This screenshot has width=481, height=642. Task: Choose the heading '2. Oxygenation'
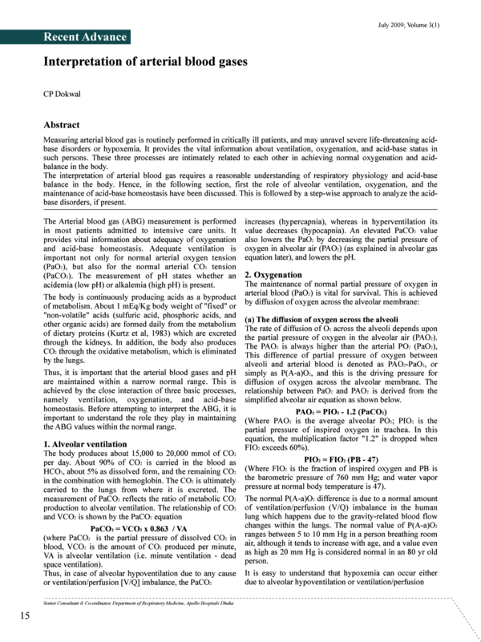click(273, 274)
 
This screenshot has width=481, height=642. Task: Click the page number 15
click(25, 615)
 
